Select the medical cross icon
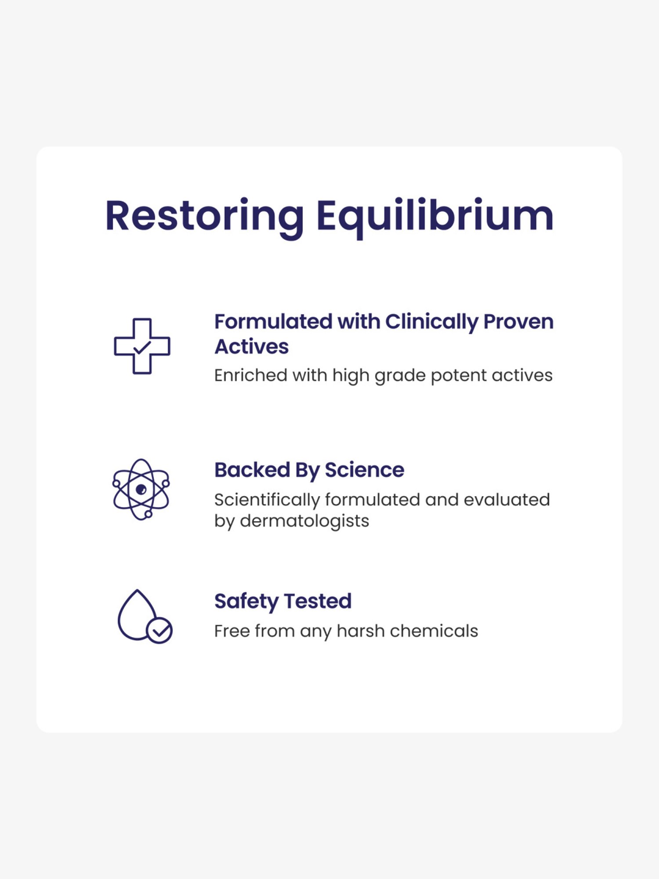(142, 346)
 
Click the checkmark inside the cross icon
(142, 348)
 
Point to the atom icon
(141, 489)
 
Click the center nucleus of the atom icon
(141, 489)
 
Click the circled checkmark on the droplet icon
(159, 631)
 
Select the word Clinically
(431, 322)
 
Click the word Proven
(518, 322)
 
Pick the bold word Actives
(251, 347)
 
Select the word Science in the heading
(364, 470)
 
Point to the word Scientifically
(267, 500)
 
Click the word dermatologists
(304, 521)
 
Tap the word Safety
(246, 601)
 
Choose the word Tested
(318, 601)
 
